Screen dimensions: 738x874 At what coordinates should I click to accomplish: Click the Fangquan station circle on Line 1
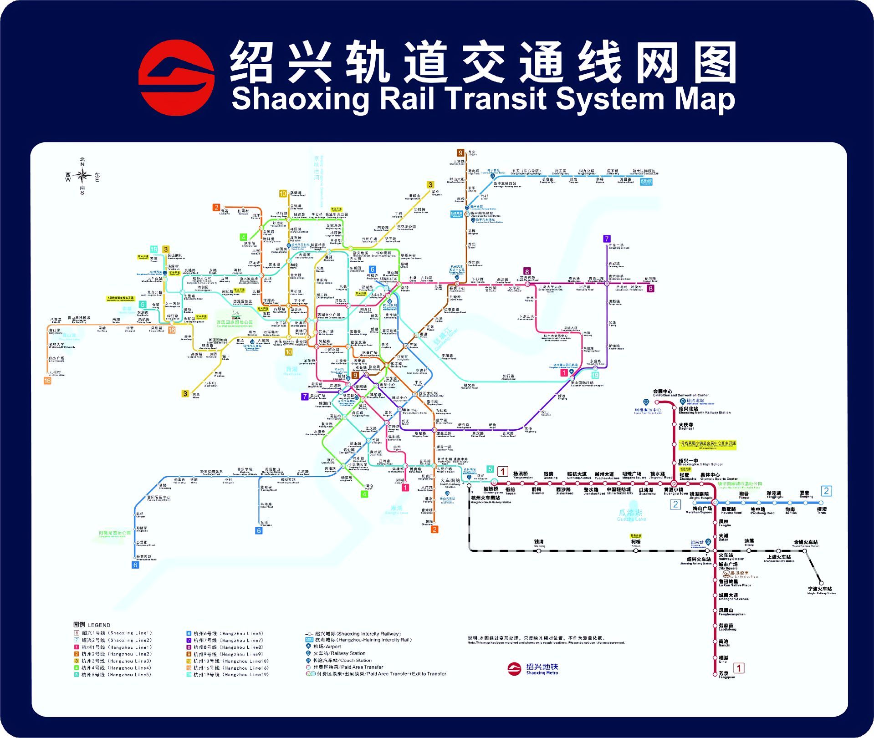(715, 674)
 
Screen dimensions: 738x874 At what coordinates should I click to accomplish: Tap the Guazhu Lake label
(631, 515)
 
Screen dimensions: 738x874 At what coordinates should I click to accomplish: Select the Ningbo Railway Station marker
(821, 583)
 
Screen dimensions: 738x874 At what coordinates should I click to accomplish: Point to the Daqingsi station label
(686, 426)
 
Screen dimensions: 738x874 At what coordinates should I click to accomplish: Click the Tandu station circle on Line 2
(822, 503)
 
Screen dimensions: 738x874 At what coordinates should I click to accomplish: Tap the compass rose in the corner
(82, 176)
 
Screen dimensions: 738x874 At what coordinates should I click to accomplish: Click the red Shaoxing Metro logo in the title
(176, 77)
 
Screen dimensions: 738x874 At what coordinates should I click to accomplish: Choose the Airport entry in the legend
(324, 646)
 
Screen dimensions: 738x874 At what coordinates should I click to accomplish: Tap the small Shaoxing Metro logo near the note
(514, 669)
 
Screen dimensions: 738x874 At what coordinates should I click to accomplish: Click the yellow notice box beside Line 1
(707, 445)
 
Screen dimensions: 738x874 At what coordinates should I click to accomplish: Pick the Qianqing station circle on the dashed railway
(538, 551)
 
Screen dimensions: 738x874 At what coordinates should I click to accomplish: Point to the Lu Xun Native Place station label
(735, 583)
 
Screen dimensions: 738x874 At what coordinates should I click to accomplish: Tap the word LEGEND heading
(99, 625)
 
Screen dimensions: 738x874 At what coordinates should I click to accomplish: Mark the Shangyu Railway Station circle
(779, 551)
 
